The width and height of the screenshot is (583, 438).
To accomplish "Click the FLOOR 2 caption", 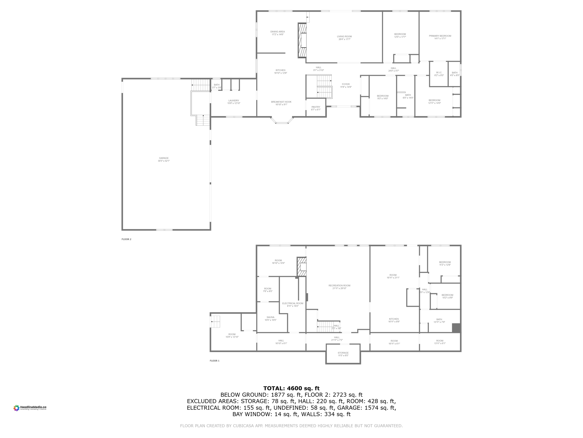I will point(126,239).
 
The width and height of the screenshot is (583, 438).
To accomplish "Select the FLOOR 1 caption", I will point(214,361).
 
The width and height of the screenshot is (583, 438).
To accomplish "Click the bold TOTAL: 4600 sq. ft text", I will point(291,388).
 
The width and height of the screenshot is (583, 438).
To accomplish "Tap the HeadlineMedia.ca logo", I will point(30,408).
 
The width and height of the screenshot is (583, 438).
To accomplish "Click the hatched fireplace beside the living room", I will point(302,40).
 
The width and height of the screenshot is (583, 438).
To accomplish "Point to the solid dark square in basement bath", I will point(456,328).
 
